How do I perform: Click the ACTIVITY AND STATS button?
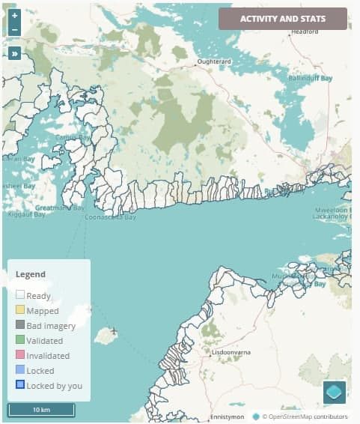[282, 19]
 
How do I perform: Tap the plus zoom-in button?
[14, 15]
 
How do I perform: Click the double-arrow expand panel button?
[14, 53]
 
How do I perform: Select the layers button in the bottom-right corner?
[334, 393]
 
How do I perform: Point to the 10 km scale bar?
[41, 410]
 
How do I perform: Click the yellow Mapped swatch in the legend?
[20, 311]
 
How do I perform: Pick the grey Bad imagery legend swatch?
[20, 326]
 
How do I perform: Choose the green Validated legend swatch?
[20, 341]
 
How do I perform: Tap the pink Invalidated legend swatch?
[20, 356]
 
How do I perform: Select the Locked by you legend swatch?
[20, 386]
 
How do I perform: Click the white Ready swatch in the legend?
[20, 296]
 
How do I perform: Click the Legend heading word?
[31, 274]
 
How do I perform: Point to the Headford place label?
[305, 32]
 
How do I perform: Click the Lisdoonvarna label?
[235, 351]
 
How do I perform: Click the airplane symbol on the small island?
[114, 330]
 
